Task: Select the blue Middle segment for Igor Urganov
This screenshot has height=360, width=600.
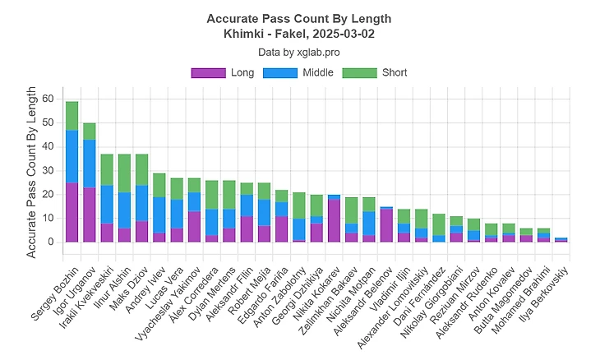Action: pyautogui.click(x=90, y=164)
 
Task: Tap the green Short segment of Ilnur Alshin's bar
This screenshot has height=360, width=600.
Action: pyautogui.click(x=124, y=173)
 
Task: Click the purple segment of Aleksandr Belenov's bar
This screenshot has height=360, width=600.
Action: pyautogui.click(x=387, y=225)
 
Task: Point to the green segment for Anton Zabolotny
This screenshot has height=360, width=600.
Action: pyautogui.click(x=299, y=205)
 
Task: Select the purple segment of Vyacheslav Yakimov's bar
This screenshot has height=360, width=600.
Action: pyautogui.click(x=195, y=226)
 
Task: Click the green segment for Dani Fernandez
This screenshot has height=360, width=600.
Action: pyautogui.click(x=440, y=224)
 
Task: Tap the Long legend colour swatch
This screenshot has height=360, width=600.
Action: pyautogui.click(x=208, y=72)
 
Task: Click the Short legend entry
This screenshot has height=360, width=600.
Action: pyautogui.click(x=381, y=72)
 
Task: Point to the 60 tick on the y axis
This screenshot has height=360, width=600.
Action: pyautogui.click(x=48, y=99)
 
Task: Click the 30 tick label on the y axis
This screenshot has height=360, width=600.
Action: pyautogui.click(x=48, y=170)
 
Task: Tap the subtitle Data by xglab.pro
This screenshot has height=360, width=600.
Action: pyautogui.click(x=299, y=51)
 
